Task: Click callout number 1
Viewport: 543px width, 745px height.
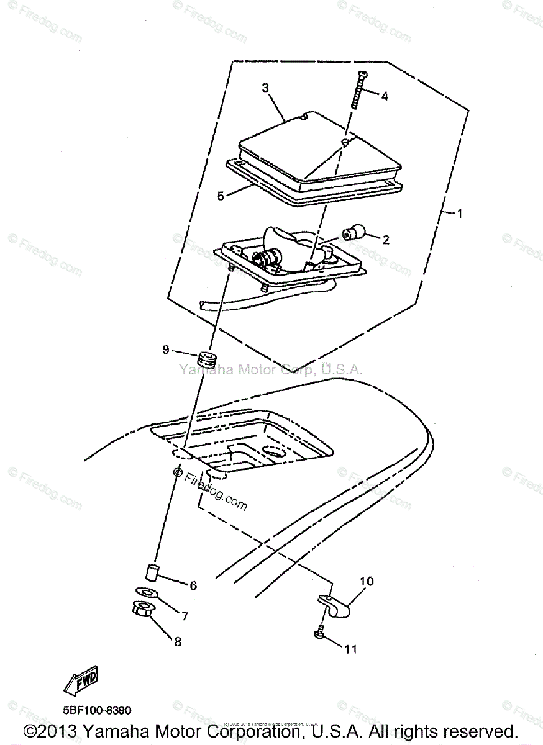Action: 460,214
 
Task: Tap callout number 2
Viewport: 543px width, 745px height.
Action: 386,239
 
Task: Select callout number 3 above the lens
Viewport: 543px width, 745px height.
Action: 265,88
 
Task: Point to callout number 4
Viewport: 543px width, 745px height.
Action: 385,96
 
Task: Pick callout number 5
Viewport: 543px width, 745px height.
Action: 221,196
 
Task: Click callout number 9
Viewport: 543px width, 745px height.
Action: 166,350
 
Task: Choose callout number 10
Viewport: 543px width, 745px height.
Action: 367,582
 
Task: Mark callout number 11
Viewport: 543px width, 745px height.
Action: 352,649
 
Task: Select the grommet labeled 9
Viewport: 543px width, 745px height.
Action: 206,359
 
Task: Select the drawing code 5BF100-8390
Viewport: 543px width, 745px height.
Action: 96,710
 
